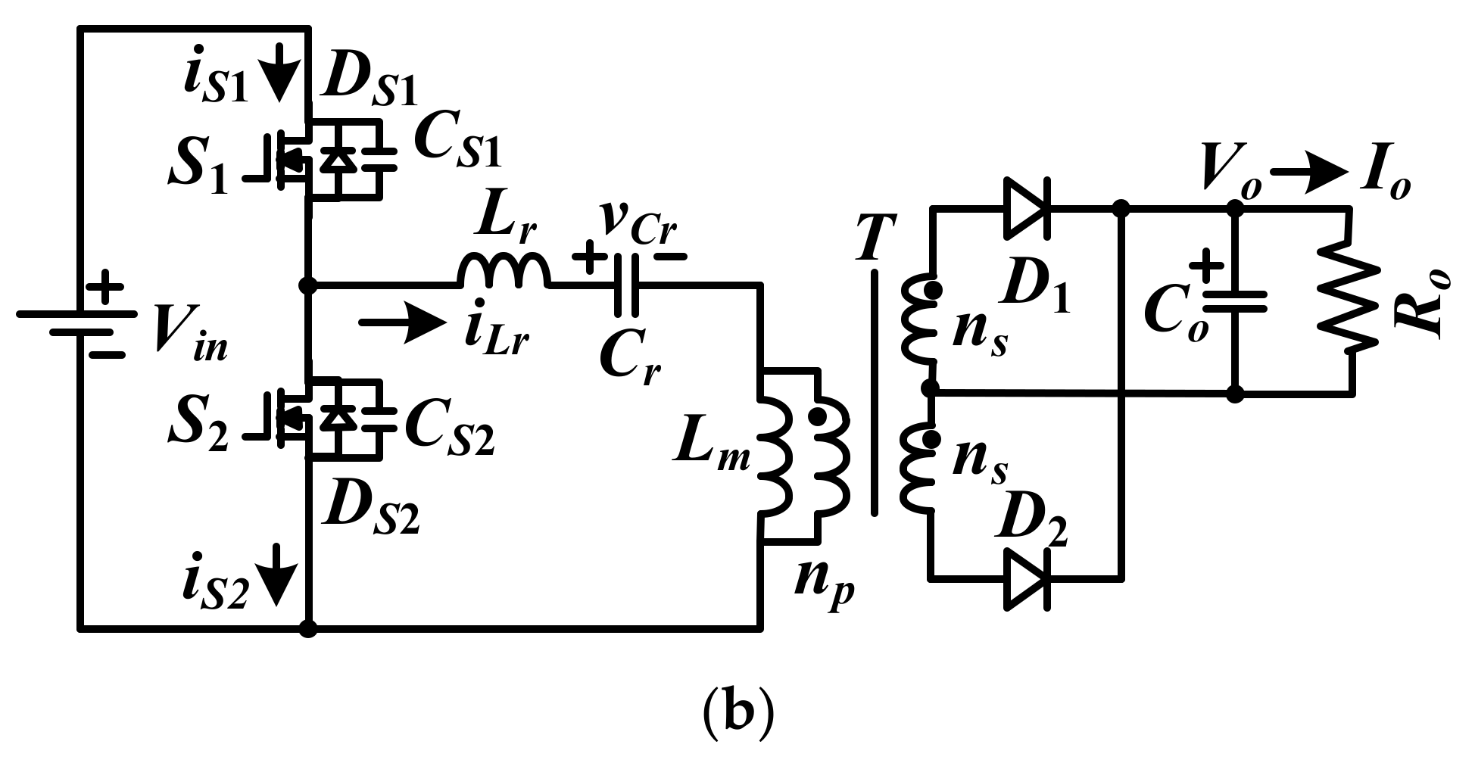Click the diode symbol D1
1027,207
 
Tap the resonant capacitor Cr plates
628,285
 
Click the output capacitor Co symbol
1235,301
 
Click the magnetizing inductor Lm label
711,453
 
